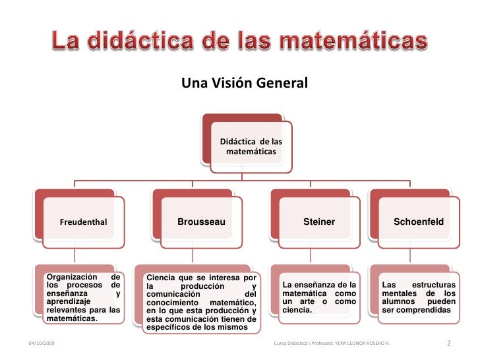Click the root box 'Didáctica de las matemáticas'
pyautogui.click(x=251, y=147)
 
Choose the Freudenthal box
pyautogui.click(x=83, y=222)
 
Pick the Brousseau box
pyautogui.click(x=201, y=222)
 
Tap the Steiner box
pyautogui.click(x=318, y=222)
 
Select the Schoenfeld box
pyautogui.click(x=419, y=222)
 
